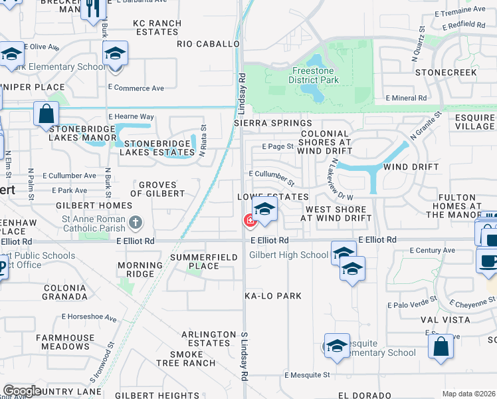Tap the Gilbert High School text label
coord(288,255)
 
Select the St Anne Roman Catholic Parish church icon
coord(135,221)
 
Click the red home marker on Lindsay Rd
coord(250,219)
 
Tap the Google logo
coord(22,391)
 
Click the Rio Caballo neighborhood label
coord(208,44)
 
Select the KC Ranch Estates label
coord(157,27)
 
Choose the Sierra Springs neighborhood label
coord(272,124)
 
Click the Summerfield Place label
coord(203,261)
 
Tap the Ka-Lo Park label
coord(273,295)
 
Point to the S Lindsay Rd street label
coord(245,356)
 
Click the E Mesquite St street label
coord(307,375)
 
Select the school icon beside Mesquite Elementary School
coord(337,346)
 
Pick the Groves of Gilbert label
coord(157,189)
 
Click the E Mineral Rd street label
coord(406,98)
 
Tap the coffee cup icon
coord(488,260)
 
